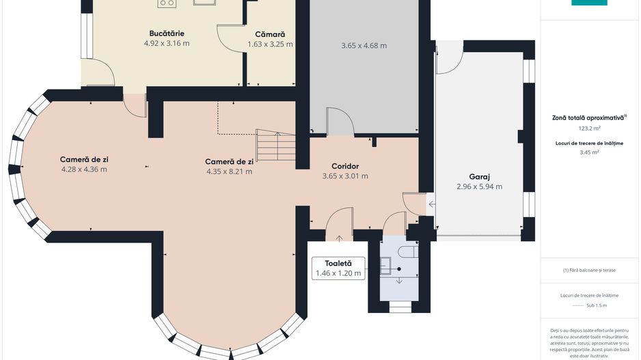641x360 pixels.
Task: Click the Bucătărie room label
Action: (x=167, y=33)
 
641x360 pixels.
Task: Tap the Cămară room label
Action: (x=270, y=33)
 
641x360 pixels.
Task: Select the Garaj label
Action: (x=479, y=176)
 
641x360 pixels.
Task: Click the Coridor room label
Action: (x=345, y=165)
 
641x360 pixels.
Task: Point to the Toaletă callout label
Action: (x=338, y=263)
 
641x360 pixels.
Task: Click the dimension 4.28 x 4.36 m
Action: (x=84, y=169)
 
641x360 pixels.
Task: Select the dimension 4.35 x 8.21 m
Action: (x=229, y=171)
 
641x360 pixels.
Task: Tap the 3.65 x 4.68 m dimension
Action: (x=364, y=46)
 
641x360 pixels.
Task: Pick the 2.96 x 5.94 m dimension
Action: (x=479, y=186)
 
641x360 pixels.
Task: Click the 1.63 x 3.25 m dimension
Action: (x=270, y=44)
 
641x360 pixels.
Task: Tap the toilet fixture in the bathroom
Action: (x=410, y=252)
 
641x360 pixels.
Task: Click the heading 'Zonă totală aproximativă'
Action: (x=588, y=117)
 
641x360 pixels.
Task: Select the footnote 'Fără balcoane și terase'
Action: (x=589, y=270)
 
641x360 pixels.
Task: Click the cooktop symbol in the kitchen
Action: (x=166, y=3)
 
